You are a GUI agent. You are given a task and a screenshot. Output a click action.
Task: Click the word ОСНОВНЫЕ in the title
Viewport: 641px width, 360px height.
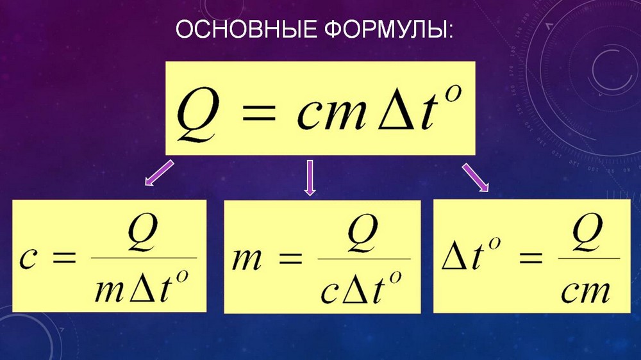247,29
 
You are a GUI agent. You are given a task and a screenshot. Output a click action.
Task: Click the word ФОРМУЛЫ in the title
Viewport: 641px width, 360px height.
387,30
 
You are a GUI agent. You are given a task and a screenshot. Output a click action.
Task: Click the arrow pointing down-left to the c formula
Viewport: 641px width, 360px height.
160,173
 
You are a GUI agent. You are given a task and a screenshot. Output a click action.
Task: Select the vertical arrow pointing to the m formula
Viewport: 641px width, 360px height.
310,177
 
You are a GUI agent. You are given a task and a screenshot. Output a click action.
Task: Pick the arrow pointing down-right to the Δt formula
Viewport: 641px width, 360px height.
476,177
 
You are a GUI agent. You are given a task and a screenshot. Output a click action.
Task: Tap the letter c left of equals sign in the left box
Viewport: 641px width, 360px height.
28,259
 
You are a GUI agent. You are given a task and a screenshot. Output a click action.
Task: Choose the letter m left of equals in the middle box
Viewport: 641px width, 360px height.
247,259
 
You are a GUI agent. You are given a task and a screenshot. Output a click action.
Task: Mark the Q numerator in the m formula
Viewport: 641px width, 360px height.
363,234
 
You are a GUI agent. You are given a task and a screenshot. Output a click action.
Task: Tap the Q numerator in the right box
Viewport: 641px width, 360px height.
588,234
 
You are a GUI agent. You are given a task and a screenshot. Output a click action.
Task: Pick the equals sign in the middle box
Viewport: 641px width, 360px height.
290,258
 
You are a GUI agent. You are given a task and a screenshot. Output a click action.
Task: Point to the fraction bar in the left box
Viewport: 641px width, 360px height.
144,258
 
